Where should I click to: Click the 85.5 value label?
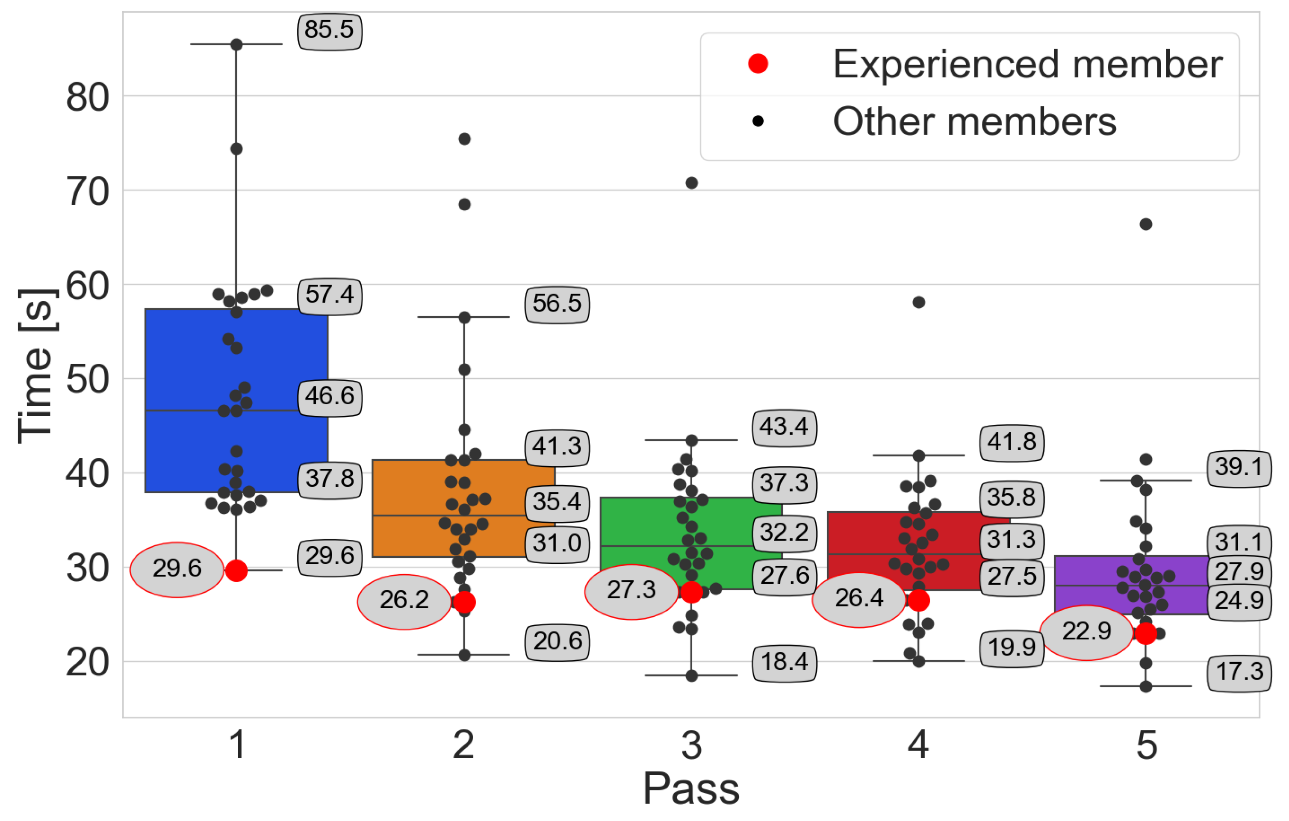tap(329, 30)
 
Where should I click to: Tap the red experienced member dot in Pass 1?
tap(236, 571)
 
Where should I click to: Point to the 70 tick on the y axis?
tap(88, 191)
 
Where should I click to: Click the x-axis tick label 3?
tap(691, 745)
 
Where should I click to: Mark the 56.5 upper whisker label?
tap(557, 304)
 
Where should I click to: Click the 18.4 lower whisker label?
tap(784, 662)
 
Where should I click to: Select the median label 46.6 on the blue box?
tap(329, 397)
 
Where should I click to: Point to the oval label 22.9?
tap(1087, 632)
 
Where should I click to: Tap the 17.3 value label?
tap(1239, 672)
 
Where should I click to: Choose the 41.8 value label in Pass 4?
tap(1011, 442)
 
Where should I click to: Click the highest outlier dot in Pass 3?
tap(691, 183)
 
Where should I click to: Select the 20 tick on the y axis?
tap(88, 662)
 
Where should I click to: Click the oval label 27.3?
tap(631, 590)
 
